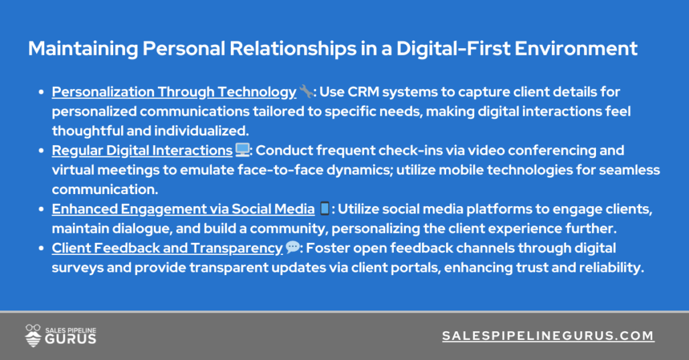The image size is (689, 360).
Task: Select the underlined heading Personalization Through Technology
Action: pos(174,92)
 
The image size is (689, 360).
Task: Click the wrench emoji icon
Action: pos(305,92)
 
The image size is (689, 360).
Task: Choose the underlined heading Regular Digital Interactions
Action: pos(142,151)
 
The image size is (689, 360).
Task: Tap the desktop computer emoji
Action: pos(241,151)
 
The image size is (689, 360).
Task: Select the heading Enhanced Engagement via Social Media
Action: pos(183,209)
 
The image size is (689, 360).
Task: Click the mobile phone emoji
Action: pos(324,209)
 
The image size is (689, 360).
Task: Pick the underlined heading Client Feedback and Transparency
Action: pos(167,248)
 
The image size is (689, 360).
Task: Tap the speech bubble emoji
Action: pos(292,248)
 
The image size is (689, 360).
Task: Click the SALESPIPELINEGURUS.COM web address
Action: pos(548,336)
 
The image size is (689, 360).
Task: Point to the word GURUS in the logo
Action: pos(70,339)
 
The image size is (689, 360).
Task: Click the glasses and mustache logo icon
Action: pos(33,335)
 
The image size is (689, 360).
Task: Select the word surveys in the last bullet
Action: pos(74,268)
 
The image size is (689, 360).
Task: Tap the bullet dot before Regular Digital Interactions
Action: pos(42,151)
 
